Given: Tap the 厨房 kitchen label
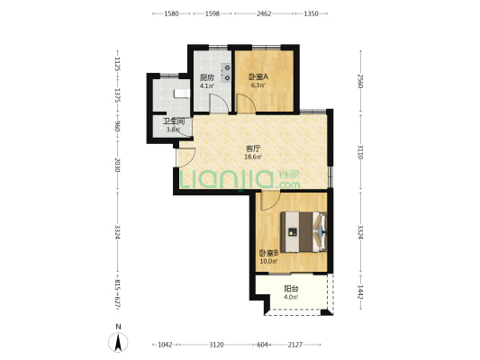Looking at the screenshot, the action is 206,77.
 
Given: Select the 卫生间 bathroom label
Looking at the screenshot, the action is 174,121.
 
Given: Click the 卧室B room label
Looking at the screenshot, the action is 268,253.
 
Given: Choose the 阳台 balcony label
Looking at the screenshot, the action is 291,289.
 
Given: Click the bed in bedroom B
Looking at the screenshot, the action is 303,232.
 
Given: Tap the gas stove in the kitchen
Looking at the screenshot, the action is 227,73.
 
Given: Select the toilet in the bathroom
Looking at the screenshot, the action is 182,94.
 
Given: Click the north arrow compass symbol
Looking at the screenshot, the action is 118,342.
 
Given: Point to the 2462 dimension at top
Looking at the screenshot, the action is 264,13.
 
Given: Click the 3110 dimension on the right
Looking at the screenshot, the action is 360,152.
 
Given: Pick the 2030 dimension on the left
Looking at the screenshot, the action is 117,165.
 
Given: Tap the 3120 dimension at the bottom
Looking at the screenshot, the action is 216,345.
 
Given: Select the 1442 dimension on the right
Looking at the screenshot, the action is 360,292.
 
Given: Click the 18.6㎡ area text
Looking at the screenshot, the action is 253,157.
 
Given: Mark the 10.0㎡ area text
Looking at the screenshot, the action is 268,262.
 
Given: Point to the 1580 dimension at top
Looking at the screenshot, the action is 171,13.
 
